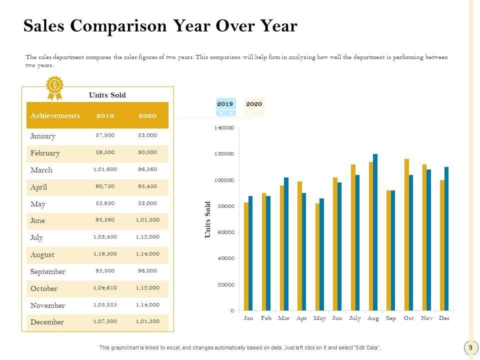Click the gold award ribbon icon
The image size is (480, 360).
pyautogui.click(x=54, y=87)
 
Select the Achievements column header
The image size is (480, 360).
pyautogui.click(x=55, y=115)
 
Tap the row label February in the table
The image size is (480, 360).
pyautogui.click(x=45, y=153)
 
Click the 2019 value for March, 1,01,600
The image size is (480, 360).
pyautogui.click(x=105, y=169)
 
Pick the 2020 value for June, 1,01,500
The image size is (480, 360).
pyautogui.click(x=147, y=220)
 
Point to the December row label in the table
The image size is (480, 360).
pyautogui.click(x=47, y=322)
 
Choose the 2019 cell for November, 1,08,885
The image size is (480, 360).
pyautogui.click(x=105, y=304)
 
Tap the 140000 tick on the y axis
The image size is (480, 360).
pyautogui.click(x=224, y=128)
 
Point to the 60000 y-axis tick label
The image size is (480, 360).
pyautogui.click(x=225, y=232)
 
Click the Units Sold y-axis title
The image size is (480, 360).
pyautogui.click(x=208, y=219)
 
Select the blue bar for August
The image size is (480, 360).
pyautogui.click(x=375, y=232)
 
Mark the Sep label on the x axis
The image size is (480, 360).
pyautogui.click(x=391, y=318)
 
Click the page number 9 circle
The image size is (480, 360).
pyautogui.click(x=470, y=347)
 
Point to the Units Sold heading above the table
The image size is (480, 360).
pyautogui.click(x=107, y=94)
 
